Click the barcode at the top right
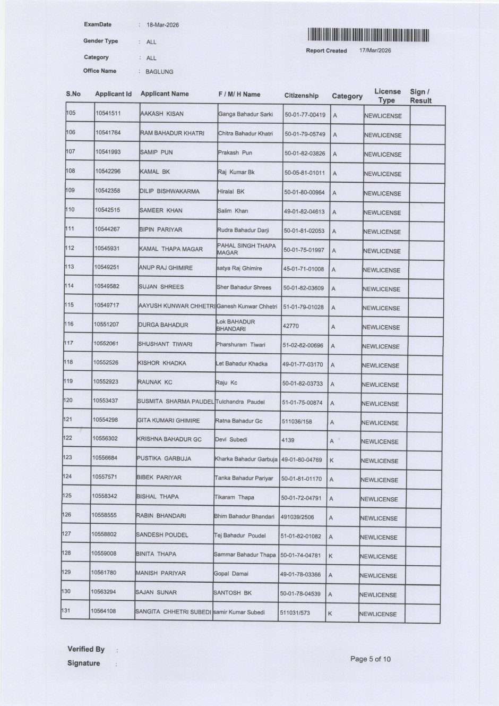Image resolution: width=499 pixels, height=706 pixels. pos(368,35)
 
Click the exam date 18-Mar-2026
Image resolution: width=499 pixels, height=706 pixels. pos(162,25)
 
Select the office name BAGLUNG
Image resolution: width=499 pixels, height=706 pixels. pos(159,72)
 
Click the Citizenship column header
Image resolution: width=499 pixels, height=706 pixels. pos(302,96)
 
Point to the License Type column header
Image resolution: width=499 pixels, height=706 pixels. pos(387,96)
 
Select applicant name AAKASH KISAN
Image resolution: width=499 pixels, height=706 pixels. pos(161,114)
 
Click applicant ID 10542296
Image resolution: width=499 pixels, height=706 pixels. pos(108,172)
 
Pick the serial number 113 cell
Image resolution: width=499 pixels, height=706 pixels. pos(70,267)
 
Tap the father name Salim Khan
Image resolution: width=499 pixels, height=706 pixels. pos(233,211)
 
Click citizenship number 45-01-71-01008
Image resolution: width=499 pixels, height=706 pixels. pos(303,269)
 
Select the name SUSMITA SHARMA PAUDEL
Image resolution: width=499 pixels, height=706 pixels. pos(176,402)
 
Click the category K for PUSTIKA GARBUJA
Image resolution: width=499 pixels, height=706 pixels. pos(332,460)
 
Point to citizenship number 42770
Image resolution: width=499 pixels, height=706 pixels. pos(290,326)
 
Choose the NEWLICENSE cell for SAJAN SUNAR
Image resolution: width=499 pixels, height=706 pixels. pos(378,595)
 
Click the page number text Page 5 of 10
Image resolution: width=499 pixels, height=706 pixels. pos(370,659)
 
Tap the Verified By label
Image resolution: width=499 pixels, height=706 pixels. pos(86,649)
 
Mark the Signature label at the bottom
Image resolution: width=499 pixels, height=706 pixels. pos(83,663)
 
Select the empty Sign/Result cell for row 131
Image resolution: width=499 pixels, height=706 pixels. pos(422,614)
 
